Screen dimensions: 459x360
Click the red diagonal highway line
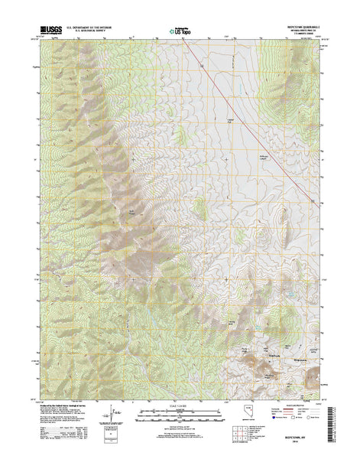252,130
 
